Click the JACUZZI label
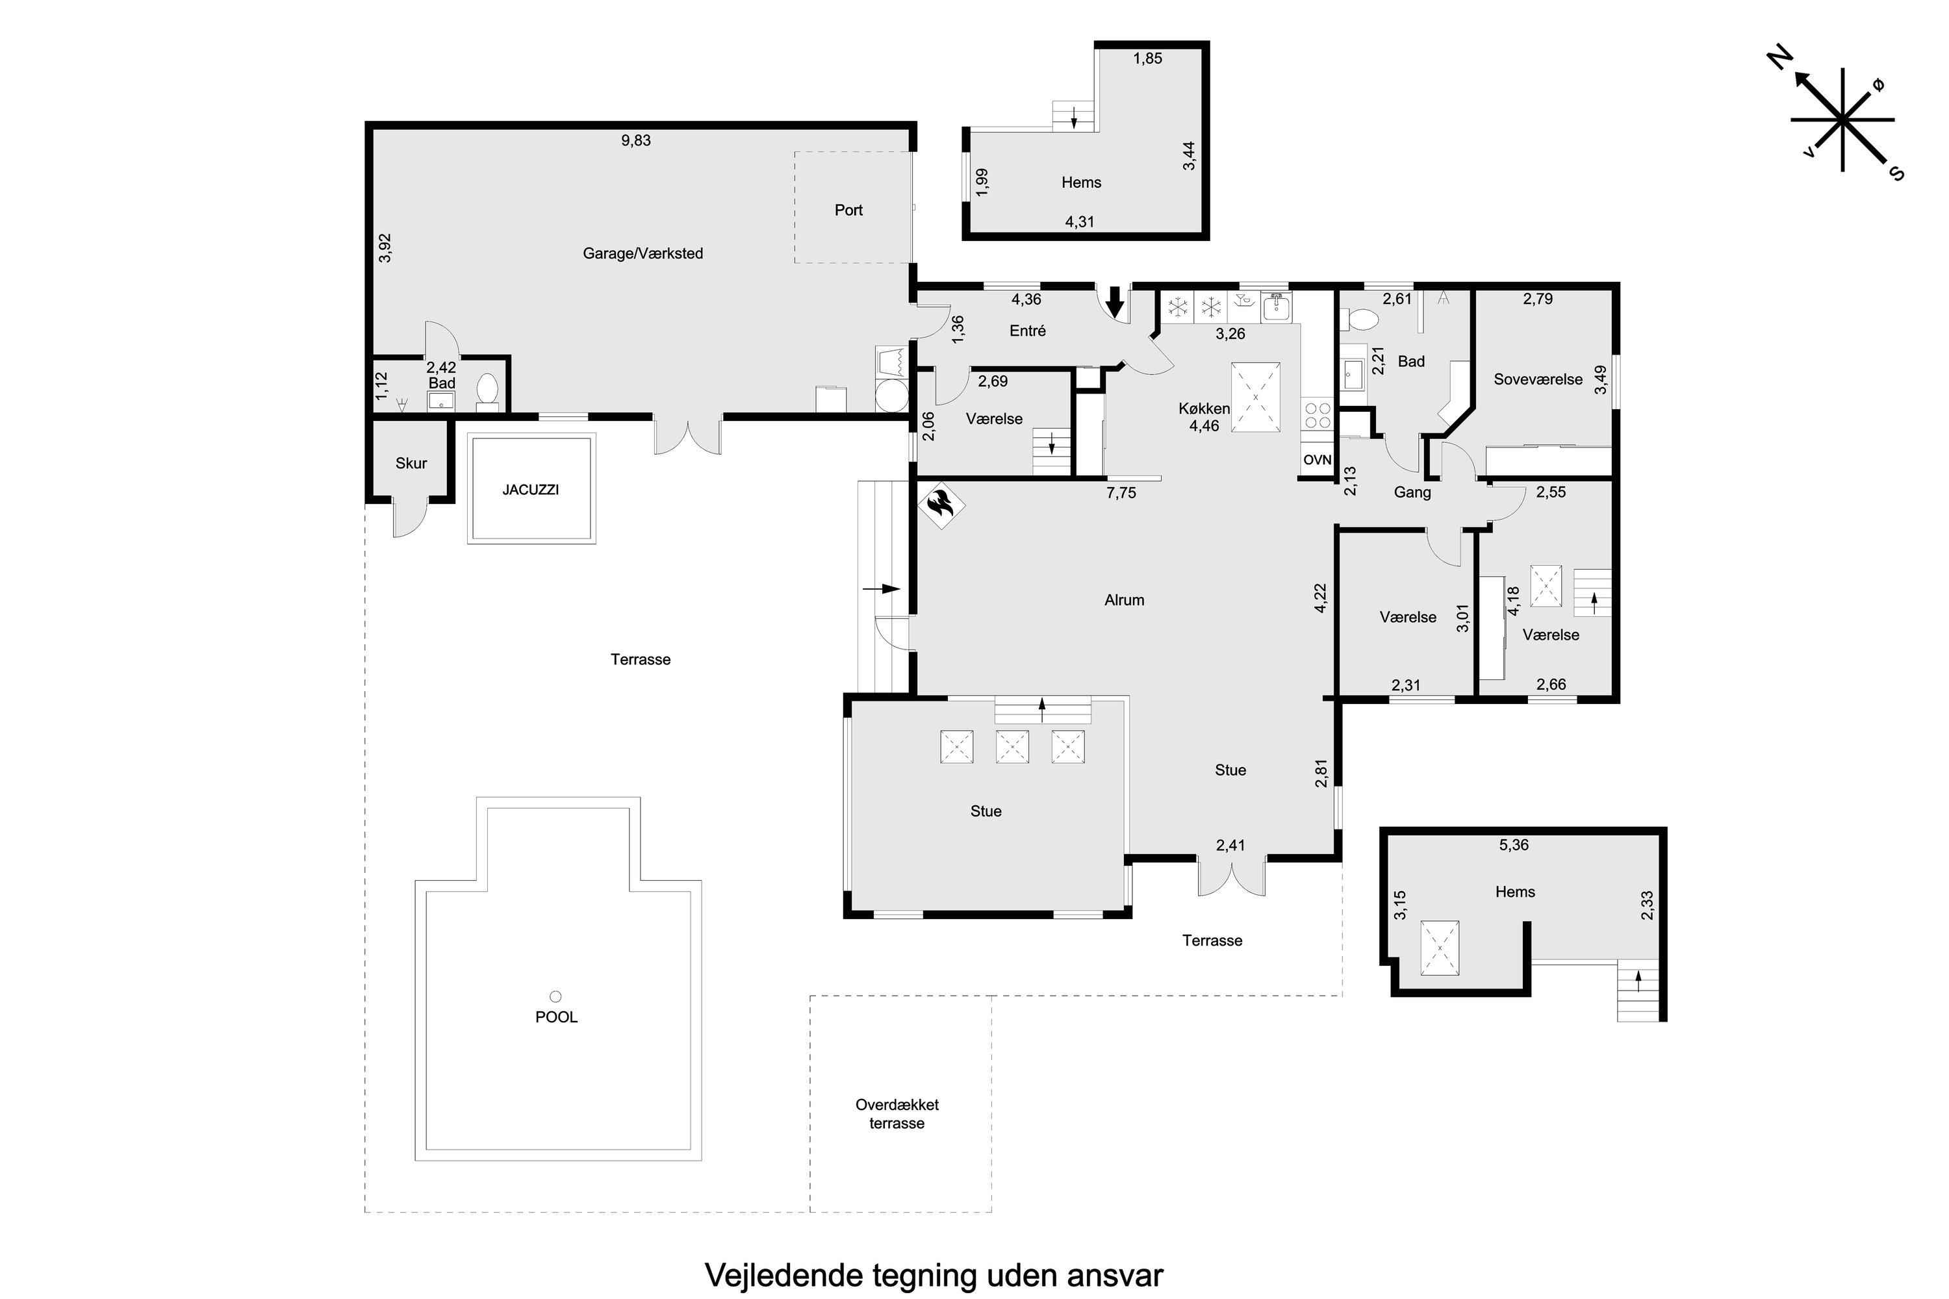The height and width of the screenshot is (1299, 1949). [530, 490]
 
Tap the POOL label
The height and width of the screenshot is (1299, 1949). [556, 1016]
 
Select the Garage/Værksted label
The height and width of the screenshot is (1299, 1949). [643, 253]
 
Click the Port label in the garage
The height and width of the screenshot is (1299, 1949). [848, 210]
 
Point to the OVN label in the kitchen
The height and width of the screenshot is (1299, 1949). [1317, 460]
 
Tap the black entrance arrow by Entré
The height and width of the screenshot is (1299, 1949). [1115, 301]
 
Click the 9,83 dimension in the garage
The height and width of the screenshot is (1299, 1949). [637, 141]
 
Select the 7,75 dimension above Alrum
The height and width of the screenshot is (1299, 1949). [1121, 493]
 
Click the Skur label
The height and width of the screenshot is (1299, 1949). [411, 463]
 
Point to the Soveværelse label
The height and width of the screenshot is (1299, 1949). [1538, 379]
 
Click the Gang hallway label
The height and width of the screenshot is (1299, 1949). [1412, 493]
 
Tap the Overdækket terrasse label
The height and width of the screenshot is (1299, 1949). [897, 1113]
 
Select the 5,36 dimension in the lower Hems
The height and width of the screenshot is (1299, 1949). [1514, 845]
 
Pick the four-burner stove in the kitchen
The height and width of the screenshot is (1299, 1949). [1318, 415]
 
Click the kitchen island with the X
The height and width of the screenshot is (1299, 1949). [1255, 397]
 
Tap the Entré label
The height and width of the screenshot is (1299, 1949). [1028, 331]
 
